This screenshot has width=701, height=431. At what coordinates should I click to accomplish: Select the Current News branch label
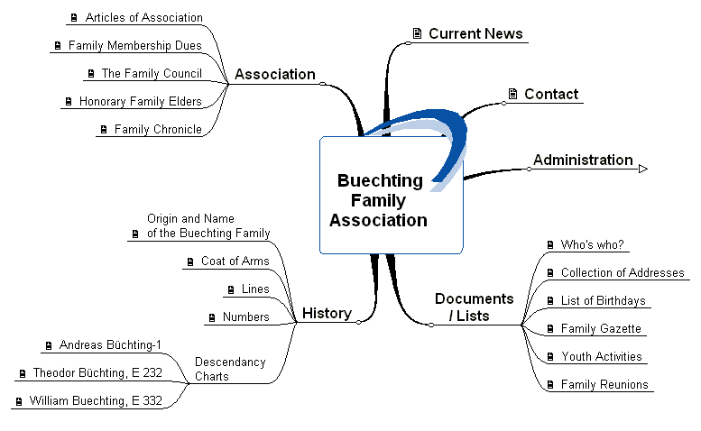pyautogui.click(x=475, y=34)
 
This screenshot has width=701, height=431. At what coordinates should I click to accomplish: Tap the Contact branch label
pyautogui.click(x=550, y=95)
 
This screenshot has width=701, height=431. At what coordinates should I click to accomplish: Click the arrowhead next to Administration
pyautogui.click(x=643, y=168)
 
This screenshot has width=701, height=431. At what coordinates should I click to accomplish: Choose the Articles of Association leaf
pyautogui.click(x=143, y=18)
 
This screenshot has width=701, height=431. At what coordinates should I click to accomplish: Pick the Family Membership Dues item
pyautogui.click(x=134, y=46)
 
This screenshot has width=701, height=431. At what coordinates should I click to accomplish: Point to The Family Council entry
pyautogui.click(x=151, y=74)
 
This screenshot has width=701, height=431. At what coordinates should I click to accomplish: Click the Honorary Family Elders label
pyautogui.click(x=140, y=102)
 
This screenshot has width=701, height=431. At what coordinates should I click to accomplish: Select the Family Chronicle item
pyautogui.click(x=157, y=130)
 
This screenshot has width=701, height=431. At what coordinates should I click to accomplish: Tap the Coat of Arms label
pyautogui.click(x=235, y=261)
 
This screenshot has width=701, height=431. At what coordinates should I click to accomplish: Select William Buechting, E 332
pyautogui.click(x=96, y=401)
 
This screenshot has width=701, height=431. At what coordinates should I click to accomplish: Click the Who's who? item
pyautogui.click(x=592, y=245)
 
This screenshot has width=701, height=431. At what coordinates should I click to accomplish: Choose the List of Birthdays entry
pyautogui.click(x=603, y=301)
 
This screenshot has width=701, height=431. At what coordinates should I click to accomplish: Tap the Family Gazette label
pyautogui.click(x=601, y=329)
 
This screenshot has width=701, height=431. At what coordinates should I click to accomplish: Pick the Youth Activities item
pyautogui.click(x=601, y=357)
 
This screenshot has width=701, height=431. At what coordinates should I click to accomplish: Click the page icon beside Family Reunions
pyautogui.click(x=550, y=385)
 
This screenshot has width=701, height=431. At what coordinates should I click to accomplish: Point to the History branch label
pyautogui.click(x=327, y=314)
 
